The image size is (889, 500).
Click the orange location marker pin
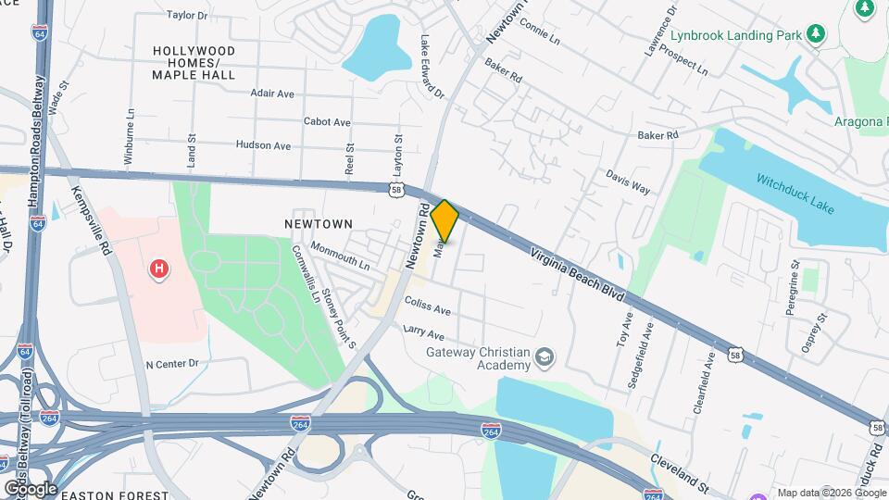click(x=445, y=220)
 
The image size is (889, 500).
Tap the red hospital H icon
click(x=159, y=269)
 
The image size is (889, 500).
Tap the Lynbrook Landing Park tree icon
click(x=815, y=34)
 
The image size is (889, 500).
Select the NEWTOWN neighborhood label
click(x=319, y=224)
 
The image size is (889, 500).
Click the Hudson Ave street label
click(x=263, y=145)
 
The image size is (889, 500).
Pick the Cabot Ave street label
click(x=327, y=121)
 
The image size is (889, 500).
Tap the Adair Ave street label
click(x=271, y=94)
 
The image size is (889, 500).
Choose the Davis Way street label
click(x=628, y=181)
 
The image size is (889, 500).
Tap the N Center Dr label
click(x=172, y=364)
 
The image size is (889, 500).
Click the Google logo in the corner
click(x=30, y=488)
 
